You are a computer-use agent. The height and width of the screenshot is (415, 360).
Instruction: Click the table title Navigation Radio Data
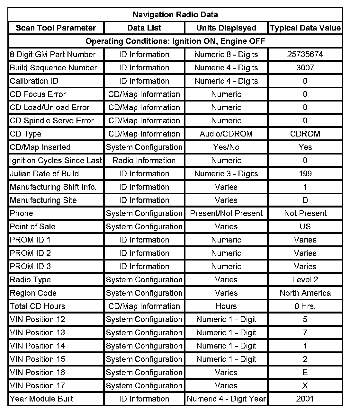point(175,15)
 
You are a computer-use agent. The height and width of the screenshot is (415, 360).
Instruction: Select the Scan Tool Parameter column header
point(56,28)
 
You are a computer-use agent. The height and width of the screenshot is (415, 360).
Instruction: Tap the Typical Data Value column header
point(305,28)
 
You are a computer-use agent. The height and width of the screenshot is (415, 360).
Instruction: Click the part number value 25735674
point(305,55)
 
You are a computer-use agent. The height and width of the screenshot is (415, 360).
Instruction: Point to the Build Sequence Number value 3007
point(305,68)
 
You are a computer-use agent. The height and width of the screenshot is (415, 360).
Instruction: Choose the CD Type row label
point(26,134)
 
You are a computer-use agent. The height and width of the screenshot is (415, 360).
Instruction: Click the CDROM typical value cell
point(305,134)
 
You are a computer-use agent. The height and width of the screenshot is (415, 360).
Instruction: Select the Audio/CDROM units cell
point(226,134)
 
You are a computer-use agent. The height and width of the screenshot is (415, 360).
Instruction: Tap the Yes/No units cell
point(226,147)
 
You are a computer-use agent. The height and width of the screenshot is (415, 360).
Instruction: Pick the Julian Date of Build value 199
point(305,174)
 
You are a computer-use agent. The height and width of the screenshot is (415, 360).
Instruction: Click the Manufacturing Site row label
point(43,200)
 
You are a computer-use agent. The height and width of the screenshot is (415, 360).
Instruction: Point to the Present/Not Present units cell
point(226,214)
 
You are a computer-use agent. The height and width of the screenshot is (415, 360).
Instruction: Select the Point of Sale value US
point(305,227)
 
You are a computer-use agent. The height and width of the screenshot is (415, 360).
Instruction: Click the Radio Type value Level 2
point(305,280)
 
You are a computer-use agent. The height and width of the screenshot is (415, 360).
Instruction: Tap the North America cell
point(305,293)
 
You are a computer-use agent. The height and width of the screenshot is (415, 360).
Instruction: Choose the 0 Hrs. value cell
point(305,306)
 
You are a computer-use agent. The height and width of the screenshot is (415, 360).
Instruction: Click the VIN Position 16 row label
point(37,373)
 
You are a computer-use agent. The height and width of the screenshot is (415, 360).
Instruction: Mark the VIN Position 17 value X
point(305,386)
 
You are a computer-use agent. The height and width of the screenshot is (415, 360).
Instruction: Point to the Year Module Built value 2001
point(305,399)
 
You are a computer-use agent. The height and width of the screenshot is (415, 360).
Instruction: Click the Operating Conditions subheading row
point(175,41)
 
